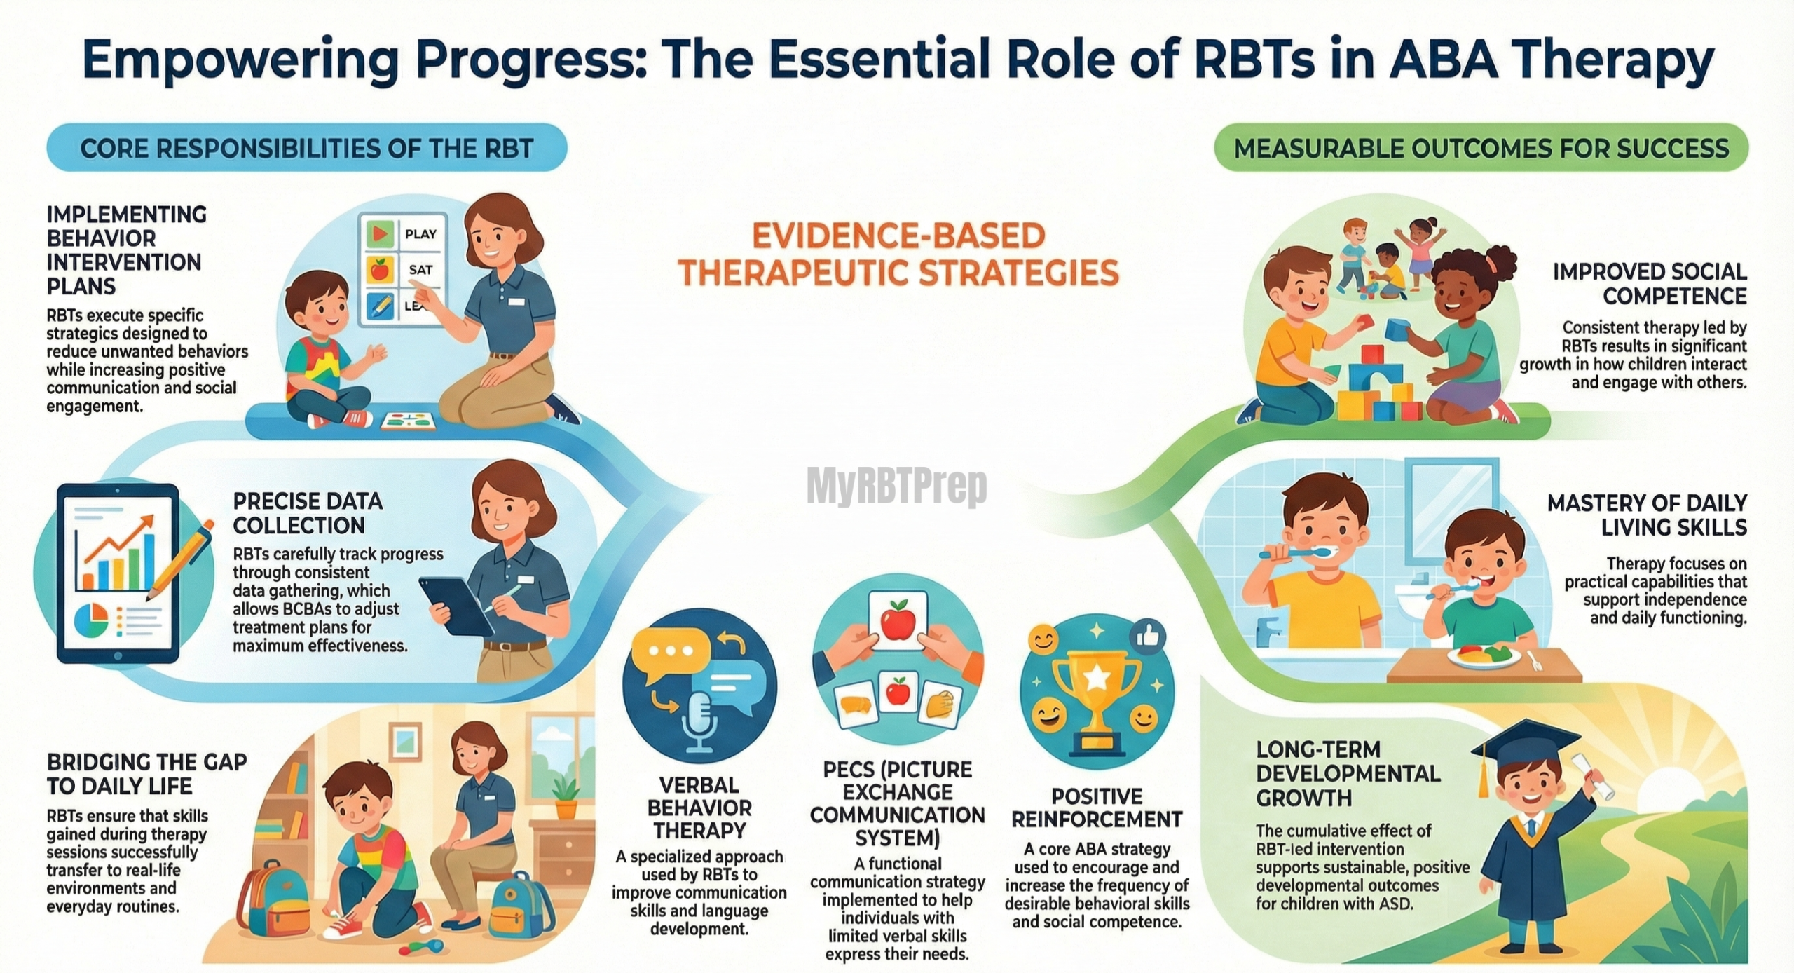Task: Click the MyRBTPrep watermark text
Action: pyautogui.click(x=896, y=486)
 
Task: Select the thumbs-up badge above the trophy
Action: pyautogui.click(x=1147, y=637)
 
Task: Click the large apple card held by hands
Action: pyautogui.click(x=898, y=621)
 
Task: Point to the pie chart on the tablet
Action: pyautogui.click(x=92, y=620)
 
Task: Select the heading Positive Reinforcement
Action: pyautogui.click(x=1097, y=808)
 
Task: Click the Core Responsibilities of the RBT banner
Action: pyautogui.click(x=307, y=148)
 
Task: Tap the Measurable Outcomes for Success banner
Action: pyautogui.click(x=1481, y=148)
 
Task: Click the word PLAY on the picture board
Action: pyautogui.click(x=420, y=234)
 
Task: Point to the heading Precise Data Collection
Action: pyautogui.click(x=308, y=513)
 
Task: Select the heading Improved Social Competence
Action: pyautogui.click(x=1650, y=284)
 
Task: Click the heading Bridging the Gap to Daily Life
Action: pyautogui.click(x=146, y=774)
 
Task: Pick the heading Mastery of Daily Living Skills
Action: pyautogui.click(x=1647, y=515)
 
